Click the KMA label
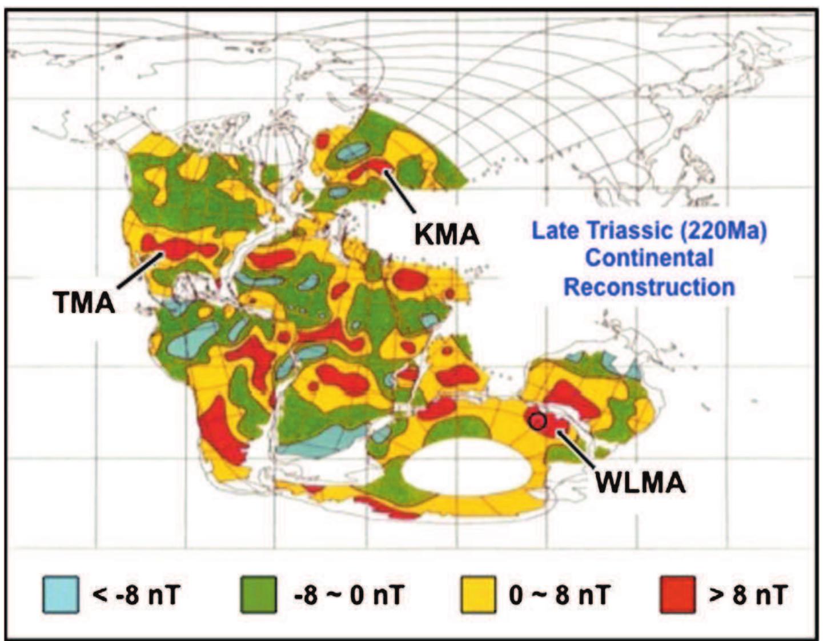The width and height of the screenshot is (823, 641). (447, 234)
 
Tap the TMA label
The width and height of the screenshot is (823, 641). (85, 302)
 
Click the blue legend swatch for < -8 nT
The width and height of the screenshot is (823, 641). (61, 595)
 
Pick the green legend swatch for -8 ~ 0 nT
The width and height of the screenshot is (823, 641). (258, 595)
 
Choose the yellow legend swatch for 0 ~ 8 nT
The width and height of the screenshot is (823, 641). (477, 595)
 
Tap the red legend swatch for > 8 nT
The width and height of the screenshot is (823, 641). (677, 595)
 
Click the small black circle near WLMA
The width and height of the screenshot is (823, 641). (538, 421)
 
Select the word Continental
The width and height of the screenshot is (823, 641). (649, 258)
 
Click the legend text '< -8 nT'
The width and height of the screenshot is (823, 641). (135, 595)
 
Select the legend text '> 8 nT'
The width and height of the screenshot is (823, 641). (747, 595)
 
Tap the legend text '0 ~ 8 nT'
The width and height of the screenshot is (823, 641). (558, 595)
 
